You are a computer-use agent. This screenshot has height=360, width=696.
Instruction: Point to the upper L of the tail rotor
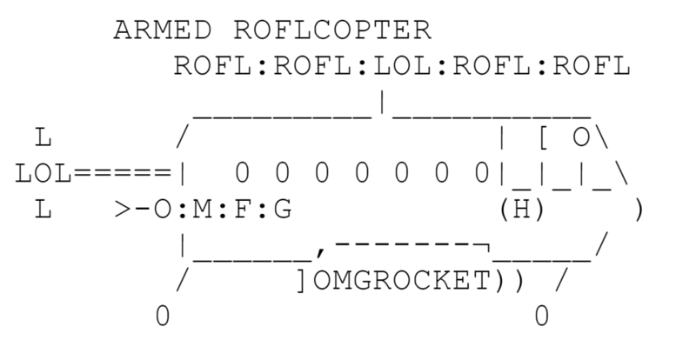[x=41, y=137]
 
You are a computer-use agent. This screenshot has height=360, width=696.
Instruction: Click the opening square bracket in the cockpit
[x=543, y=137]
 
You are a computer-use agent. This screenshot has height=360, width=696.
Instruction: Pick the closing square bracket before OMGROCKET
[x=302, y=282]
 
